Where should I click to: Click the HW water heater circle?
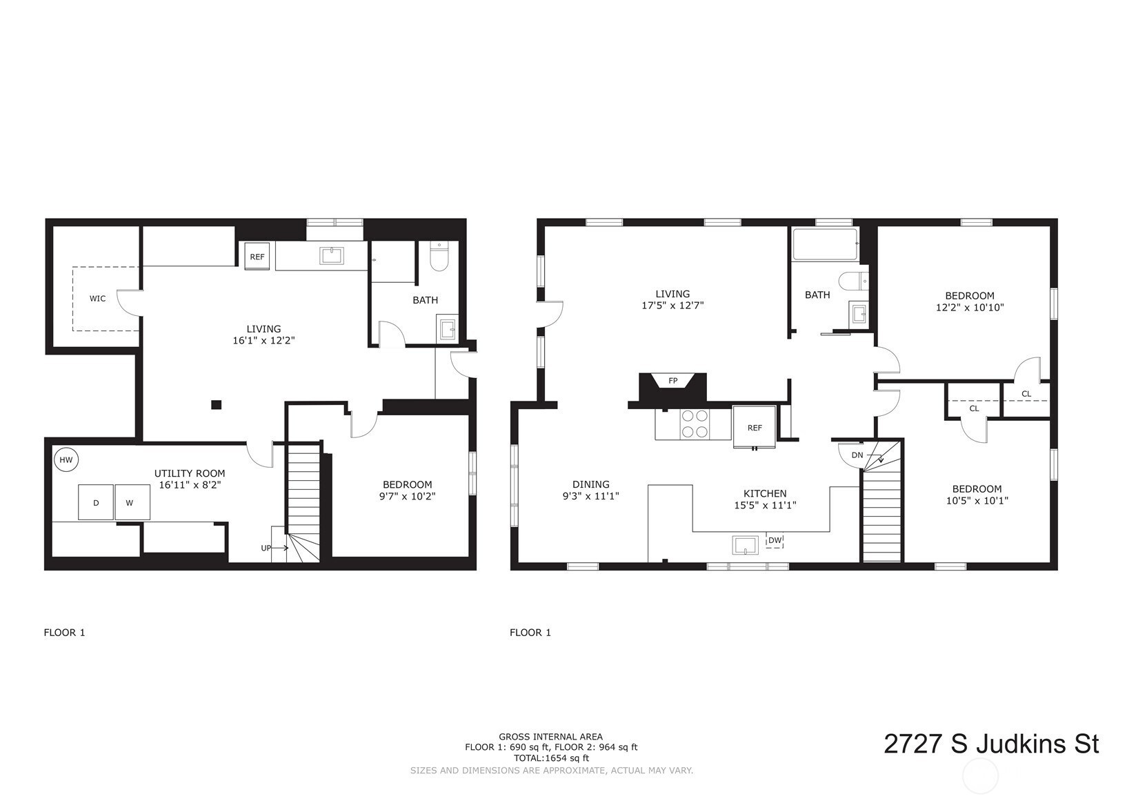click(x=66, y=460)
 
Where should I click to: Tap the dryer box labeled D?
click(x=96, y=502)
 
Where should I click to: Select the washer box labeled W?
click(x=132, y=502)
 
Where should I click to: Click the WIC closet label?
click(x=97, y=298)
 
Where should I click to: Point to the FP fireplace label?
click(x=673, y=381)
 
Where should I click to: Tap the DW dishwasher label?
click(x=775, y=540)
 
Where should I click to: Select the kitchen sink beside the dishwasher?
click(x=746, y=545)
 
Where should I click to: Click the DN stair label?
click(x=857, y=455)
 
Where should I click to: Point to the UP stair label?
click(x=266, y=548)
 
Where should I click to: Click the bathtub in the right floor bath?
click(x=825, y=244)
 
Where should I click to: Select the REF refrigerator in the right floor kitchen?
click(x=754, y=427)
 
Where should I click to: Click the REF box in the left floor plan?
click(x=257, y=257)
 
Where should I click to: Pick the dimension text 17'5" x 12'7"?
click(x=672, y=306)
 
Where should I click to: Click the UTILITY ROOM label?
click(x=190, y=473)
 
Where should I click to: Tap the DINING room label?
click(x=591, y=484)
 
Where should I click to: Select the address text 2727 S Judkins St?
click(x=991, y=744)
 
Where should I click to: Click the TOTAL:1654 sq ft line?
click(x=551, y=758)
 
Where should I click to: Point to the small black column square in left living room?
click(x=217, y=404)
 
